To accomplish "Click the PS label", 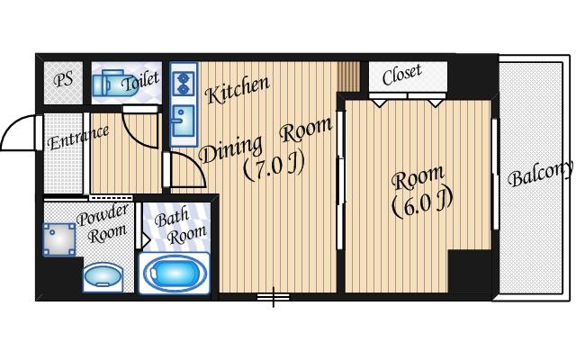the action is (63, 80).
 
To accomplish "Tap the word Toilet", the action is (141, 81).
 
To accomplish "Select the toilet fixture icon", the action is (114, 84).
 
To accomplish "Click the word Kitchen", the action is (238, 90).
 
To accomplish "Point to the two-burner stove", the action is (184, 84).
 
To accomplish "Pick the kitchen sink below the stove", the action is (183, 121).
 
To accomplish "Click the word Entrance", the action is (78, 138).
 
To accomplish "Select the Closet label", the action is (401, 75).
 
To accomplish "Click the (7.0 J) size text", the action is (274, 167).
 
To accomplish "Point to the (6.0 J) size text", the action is (422, 204).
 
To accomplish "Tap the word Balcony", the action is (540, 174).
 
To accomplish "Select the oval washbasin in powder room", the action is (103, 275).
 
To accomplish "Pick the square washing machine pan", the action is (58, 239).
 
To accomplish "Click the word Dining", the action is (230, 149).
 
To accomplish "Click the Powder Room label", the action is (104, 224).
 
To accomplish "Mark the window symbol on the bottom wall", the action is (274, 296).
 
